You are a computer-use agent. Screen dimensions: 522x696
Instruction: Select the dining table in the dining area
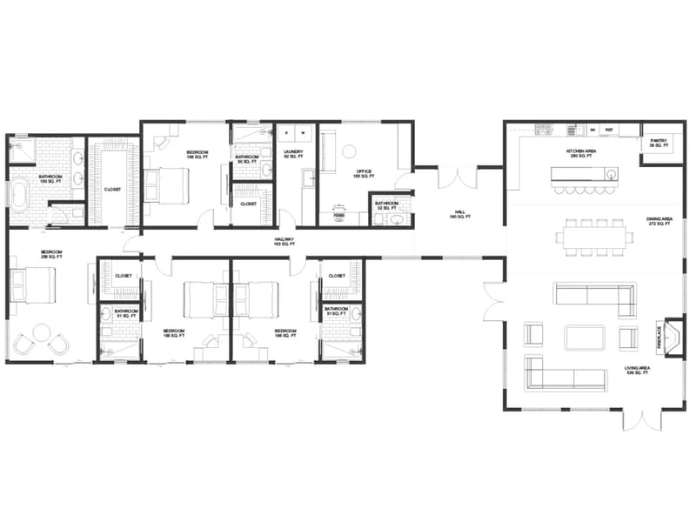[592, 234]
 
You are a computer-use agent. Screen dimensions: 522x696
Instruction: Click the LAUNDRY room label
[293, 155]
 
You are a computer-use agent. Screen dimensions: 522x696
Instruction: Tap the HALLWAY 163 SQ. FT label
[284, 242]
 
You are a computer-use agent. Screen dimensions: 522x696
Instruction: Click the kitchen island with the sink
[583, 174]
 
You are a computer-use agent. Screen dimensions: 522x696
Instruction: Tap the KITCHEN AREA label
[581, 153]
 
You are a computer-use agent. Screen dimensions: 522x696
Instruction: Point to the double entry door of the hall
[458, 177]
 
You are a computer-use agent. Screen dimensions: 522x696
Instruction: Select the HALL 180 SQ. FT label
[459, 213]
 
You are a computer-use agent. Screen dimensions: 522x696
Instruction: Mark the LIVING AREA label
[637, 371]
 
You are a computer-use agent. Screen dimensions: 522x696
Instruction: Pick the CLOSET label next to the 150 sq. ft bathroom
[113, 189]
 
